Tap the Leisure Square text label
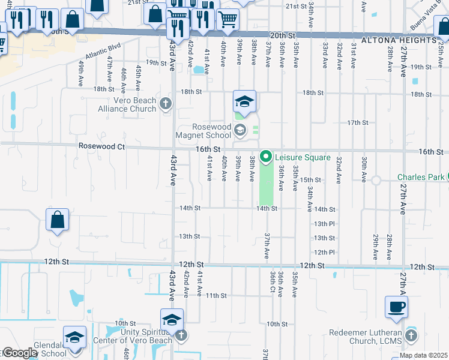click(x=303, y=157)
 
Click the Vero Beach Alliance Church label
click(x=127, y=104)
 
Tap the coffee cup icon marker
click(x=397, y=308)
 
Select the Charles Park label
click(x=421, y=177)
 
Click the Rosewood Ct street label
click(x=101, y=146)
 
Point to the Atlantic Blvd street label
click(x=99, y=57)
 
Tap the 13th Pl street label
click(x=324, y=223)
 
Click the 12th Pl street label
click(x=324, y=252)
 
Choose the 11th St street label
click(x=216, y=295)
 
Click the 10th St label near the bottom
click(x=277, y=323)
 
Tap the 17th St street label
click(x=357, y=122)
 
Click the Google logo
click(x=19, y=353)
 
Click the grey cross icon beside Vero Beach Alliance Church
click(x=166, y=104)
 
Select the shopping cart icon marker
click(x=228, y=20)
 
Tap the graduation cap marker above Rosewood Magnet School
click(x=244, y=101)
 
